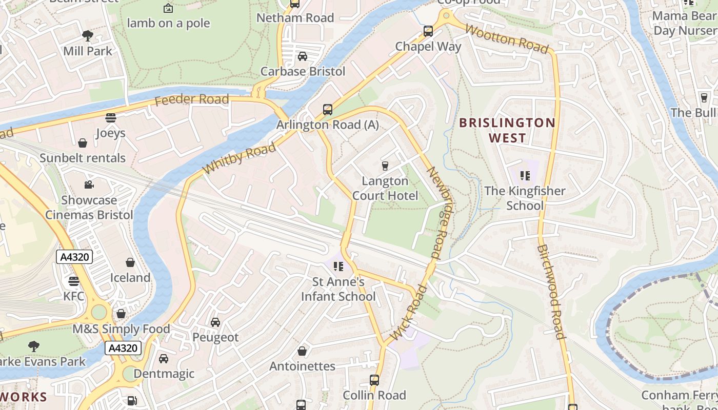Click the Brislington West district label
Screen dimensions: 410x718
[507, 130]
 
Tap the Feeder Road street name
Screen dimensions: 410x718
[191, 99]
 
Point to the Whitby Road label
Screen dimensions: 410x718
[239, 158]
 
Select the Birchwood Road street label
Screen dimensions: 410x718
[551, 292]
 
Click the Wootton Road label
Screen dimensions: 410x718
[506, 37]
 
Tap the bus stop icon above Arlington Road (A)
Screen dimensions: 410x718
[327, 109]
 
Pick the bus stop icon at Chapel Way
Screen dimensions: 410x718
[428, 31]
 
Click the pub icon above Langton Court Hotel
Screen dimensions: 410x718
[385, 166]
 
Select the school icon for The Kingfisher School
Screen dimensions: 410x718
[525, 176]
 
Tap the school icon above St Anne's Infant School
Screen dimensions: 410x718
[338, 266]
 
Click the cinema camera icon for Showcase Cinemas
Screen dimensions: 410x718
[89, 184]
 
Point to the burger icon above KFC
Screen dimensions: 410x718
[74, 281]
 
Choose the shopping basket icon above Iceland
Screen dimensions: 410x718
[130, 262]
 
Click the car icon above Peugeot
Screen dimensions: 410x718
[215, 322]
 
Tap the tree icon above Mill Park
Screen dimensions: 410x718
[88, 35]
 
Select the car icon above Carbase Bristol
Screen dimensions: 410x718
[303, 56]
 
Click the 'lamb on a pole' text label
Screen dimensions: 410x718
[168, 23]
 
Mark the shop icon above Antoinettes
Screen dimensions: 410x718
[302, 351]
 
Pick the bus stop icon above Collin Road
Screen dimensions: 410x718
[374, 380]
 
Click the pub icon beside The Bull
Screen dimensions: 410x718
[704, 97]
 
